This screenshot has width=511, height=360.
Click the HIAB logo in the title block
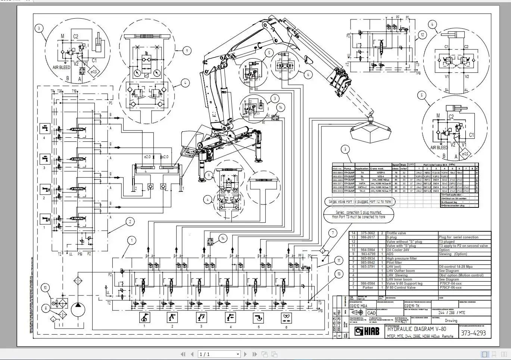pos(367,331)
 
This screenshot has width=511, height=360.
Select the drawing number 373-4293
pos(473,333)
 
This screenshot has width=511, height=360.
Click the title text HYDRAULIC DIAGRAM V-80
pos(417,329)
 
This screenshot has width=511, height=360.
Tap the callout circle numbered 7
pos(333,234)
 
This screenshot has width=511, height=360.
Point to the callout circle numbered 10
pos(46,288)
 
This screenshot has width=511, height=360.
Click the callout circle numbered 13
pos(339,274)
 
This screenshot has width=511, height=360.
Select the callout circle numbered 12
pos(422,35)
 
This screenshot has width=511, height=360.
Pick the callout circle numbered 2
pos(130,222)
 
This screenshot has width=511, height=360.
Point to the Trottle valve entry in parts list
pos(396,233)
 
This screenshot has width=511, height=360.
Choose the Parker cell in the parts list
pos(368,288)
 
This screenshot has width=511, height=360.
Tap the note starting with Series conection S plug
pos(359,215)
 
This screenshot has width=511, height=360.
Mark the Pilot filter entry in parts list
pos(395,263)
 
